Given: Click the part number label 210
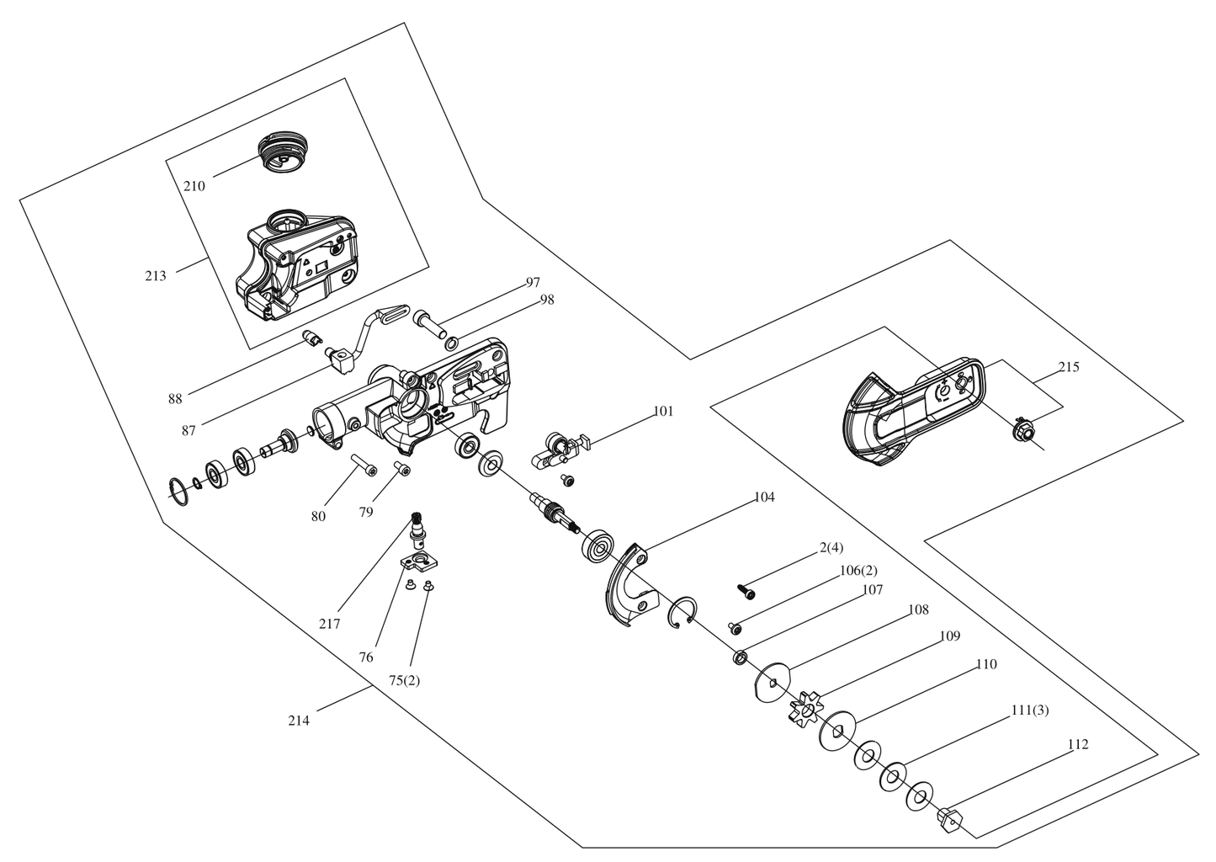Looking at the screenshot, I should pos(194,186).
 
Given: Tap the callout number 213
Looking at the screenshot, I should pos(156,275).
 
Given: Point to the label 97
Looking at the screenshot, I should pos(533,282).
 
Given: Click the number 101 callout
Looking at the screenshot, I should pos(663,412).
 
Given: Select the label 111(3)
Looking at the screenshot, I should pos(1029,710).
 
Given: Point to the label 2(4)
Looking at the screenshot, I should pos(831,548).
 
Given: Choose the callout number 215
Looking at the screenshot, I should pos(1069,367).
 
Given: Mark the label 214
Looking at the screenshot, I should pos(299,720).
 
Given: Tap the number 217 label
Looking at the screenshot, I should pos(329,624).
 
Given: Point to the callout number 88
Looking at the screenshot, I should pos(175,399).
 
